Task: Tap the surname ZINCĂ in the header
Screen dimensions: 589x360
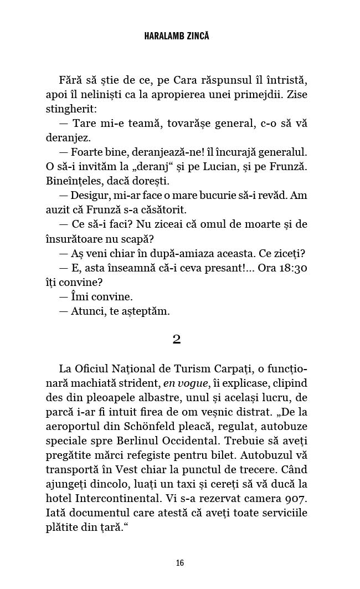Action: coord(198,36)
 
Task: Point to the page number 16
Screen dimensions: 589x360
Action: coord(179,563)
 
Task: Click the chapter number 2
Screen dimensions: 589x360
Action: coord(177,339)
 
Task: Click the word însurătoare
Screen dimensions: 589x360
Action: coord(80,238)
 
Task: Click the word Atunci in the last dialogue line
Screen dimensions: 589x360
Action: coord(87,310)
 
